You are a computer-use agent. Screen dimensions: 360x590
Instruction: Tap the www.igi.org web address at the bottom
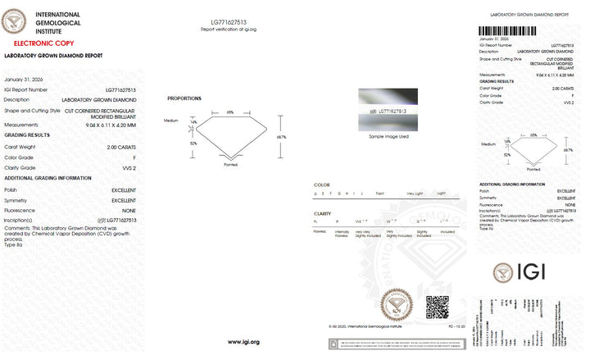(x=244, y=341)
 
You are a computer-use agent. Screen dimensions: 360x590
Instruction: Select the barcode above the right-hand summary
(x=524, y=30)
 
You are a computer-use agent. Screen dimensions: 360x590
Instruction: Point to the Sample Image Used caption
(x=388, y=136)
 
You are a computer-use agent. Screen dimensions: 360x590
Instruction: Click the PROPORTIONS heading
(x=184, y=98)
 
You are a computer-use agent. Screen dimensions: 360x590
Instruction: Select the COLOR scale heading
(x=322, y=185)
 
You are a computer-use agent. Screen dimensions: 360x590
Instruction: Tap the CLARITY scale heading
(x=323, y=213)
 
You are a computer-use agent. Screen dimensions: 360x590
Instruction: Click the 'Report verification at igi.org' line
(x=229, y=29)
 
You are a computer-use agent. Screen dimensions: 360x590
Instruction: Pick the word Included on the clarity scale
(x=448, y=231)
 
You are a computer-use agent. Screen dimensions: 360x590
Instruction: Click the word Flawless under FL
(x=320, y=231)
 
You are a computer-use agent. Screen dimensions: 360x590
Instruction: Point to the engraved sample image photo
(x=388, y=107)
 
